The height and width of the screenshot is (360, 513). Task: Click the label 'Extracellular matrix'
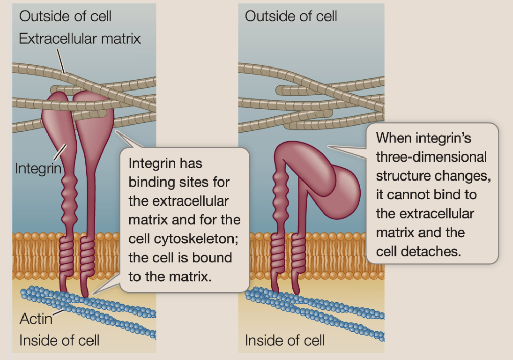pos(80,38)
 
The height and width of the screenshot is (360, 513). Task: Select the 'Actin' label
pos(36,319)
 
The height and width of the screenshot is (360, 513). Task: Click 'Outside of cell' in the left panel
pos(65,16)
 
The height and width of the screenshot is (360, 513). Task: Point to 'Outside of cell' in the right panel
pos(291,16)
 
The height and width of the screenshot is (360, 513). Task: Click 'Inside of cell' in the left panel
pos(59,340)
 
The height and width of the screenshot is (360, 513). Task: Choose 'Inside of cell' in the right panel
pos(285,340)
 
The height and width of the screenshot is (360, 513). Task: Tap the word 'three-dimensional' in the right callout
pos(431,156)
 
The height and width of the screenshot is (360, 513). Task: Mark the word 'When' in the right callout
pos(393,138)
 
